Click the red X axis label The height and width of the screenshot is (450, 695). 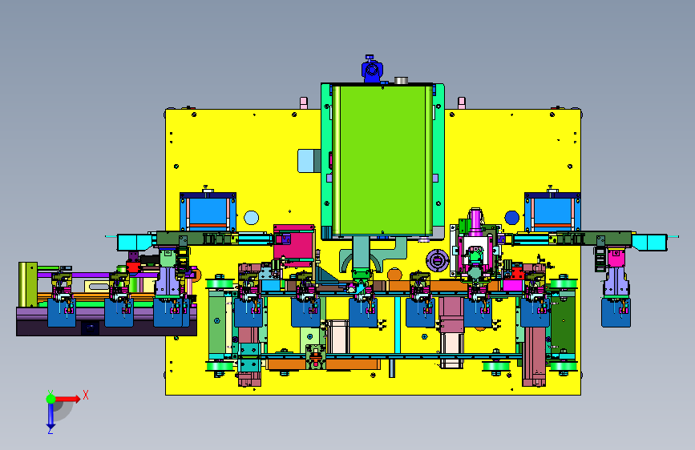(86, 395)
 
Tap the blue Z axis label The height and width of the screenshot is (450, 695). (51, 430)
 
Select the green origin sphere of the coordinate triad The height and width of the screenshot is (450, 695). (51, 399)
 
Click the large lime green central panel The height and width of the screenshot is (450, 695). (382, 159)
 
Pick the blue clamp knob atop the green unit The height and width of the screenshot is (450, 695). (372, 70)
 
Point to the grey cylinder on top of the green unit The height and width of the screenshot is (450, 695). (401, 80)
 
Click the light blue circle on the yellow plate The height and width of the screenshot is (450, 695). (252, 218)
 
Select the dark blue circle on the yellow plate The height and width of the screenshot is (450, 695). (512, 218)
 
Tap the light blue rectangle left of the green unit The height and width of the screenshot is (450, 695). (309, 160)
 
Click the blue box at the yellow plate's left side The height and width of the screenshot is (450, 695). (208, 211)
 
